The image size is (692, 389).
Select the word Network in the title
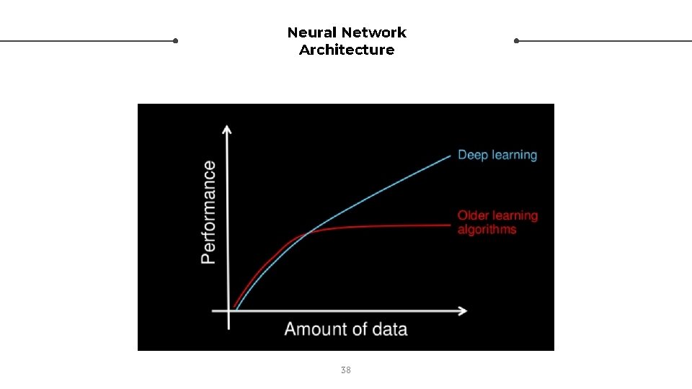point(374,32)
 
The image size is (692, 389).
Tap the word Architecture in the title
point(347,50)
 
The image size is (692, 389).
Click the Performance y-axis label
point(208,212)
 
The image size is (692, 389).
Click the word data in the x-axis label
point(389,329)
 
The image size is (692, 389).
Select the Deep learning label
point(497,155)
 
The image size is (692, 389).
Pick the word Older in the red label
point(473,215)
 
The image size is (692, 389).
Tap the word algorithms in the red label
point(487,230)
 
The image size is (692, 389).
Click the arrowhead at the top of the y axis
point(228,129)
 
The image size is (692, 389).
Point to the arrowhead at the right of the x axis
point(463,310)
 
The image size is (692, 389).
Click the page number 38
point(346,370)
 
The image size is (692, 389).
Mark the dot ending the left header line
point(175,41)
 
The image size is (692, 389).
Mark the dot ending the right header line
point(517,41)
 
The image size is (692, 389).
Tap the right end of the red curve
point(451,225)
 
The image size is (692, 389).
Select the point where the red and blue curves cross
point(309,233)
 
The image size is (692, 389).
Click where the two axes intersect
point(229,310)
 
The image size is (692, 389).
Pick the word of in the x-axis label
point(358,329)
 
